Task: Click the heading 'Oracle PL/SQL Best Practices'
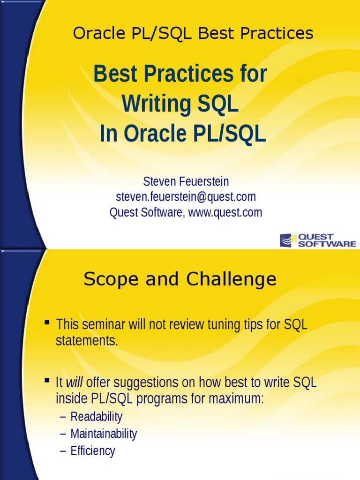click(x=193, y=33)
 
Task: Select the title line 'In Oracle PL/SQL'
click(x=183, y=134)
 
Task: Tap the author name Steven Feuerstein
click(x=186, y=181)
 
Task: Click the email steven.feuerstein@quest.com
click(x=186, y=196)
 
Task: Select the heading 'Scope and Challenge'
click(x=180, y=280)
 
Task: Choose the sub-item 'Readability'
click(x=96, y=417)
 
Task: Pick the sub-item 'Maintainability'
click(x=104, y=434)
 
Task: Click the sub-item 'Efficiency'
click(x=93, y=451)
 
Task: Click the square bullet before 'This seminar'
click(x=47, y=322)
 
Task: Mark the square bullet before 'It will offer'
click(x=47, y=381)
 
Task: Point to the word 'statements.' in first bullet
click(x=87, y=341)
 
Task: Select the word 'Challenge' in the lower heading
click(x=231, y=280)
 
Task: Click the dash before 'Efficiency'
click(x=63, y=451)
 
